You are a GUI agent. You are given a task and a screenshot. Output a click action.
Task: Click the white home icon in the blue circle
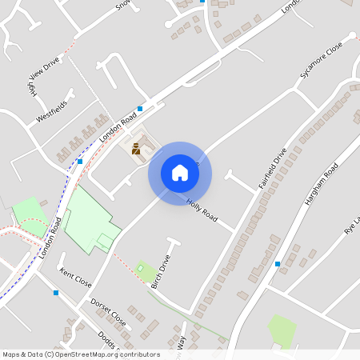(x=180, y=173)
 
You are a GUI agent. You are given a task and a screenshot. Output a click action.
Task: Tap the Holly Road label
(x=202, y=210)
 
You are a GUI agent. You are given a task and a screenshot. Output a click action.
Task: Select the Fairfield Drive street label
(x=272, y=168)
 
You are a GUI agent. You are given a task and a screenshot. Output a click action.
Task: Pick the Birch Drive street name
(x=161, y=272)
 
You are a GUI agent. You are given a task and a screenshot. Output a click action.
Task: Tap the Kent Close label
(x=75, y=278)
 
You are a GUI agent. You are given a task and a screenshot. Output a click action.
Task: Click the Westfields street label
(x=52, y=111)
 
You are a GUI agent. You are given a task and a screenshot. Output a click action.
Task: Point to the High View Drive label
(x=43, y=79)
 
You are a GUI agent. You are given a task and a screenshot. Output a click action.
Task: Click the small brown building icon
(x=136, y=148)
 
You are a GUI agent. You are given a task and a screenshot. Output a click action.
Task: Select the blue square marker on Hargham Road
(x=278, y=263)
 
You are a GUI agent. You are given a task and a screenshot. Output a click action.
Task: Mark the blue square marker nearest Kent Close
(x=55, y=293)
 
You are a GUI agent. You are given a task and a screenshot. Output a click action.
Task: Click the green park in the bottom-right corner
(x=282, y=330)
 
